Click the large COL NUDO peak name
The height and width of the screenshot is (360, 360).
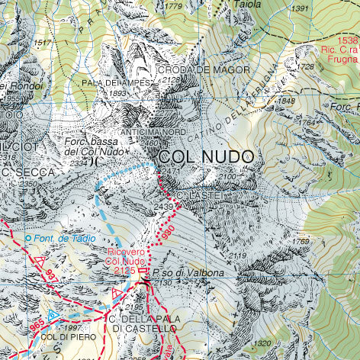coord(206,156)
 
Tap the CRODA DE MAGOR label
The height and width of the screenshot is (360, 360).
coord(204,69)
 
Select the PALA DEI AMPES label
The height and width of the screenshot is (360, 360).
coord(116,82)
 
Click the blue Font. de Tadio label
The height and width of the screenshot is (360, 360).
coord(64,239)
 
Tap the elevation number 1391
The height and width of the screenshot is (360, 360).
coord(300,8)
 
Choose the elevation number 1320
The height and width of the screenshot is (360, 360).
coord(261,342)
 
